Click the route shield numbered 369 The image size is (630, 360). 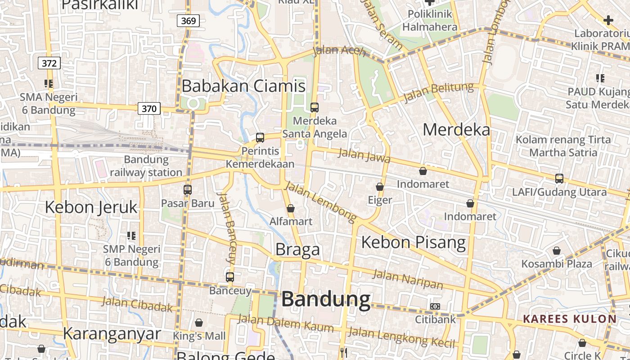point(188,21)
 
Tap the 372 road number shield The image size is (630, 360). point(49,63)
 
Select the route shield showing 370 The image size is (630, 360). point(149,108)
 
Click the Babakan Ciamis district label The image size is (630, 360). point(243,85)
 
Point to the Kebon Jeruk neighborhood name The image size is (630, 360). point(91,207)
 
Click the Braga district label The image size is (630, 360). point(297,249)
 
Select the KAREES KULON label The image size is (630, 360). point(570,319)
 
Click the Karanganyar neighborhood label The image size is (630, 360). point(112,333)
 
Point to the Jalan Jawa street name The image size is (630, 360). point(364,156)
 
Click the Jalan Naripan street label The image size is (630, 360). point(408,279)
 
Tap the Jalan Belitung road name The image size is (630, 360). point(439,92)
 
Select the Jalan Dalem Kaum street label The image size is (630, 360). point(285,324)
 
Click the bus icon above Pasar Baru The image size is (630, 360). point(188,190)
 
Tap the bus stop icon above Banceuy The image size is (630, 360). point(230,277)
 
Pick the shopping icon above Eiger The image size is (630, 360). point(380,187)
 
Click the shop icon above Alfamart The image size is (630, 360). point(291,208)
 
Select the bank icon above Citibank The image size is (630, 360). point(435,306)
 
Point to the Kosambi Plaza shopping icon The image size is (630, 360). point(557,251)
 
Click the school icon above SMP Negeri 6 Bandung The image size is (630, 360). point(131,235)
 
